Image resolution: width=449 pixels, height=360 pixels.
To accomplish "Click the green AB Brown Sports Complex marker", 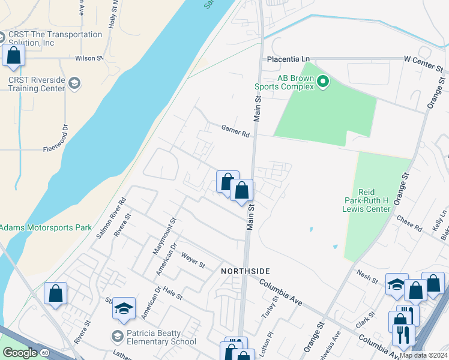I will [x=323, y=81].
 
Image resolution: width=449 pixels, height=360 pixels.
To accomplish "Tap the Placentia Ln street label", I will [x=288, y=59].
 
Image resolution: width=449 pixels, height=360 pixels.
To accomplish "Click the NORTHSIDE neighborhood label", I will [x=245, y=271].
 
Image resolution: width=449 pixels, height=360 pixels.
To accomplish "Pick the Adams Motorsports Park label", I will [x=46, y=227].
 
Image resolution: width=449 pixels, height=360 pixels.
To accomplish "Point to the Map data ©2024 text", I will [x=423, y=355].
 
